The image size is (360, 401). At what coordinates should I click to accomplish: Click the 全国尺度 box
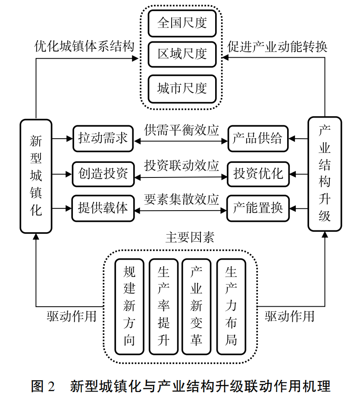182,23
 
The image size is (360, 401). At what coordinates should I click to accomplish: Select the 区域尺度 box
182,54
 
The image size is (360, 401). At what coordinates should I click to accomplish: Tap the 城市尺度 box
182,89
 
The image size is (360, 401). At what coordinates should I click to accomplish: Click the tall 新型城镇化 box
36,176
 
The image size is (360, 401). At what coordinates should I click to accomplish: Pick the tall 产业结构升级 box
324,174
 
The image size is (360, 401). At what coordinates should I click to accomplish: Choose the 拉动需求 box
103,139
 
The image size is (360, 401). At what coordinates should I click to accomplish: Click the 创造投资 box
103,174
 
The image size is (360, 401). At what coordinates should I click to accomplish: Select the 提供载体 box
103,208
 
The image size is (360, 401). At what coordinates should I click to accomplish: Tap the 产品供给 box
258,139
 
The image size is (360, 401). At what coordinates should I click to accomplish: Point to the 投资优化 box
258,174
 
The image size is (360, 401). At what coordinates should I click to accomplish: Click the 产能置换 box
258,208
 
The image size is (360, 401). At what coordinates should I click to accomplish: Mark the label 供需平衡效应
182,131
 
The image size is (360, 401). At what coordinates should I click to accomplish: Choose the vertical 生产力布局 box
231,306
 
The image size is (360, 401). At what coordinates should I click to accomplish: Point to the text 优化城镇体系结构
85,47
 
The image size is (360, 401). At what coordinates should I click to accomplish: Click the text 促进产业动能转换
278,47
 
